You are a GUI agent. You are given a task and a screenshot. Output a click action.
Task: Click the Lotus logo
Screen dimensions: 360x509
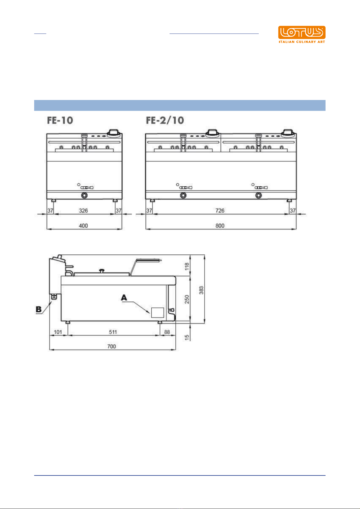tap(302, 34)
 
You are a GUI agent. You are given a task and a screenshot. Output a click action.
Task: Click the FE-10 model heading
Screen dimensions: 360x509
tap(60, 121)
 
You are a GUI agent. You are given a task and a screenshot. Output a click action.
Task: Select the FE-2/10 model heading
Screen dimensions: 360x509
tap(165, 121)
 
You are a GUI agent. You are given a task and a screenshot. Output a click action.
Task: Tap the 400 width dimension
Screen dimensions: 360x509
tap(83, 226)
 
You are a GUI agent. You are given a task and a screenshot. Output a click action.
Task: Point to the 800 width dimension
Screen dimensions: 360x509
tap(220, 226)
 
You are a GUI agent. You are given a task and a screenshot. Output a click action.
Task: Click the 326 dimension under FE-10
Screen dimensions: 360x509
tap(83, 211)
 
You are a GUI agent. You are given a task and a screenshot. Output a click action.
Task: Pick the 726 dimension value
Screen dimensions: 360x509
tap(220, 211)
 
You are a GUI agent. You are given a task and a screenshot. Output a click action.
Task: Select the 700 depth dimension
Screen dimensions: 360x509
tap(112, 346)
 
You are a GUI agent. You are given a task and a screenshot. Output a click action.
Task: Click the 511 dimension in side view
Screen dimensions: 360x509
tap(113, 332)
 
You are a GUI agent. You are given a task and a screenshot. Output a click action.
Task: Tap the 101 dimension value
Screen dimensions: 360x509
tap(58, 332)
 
